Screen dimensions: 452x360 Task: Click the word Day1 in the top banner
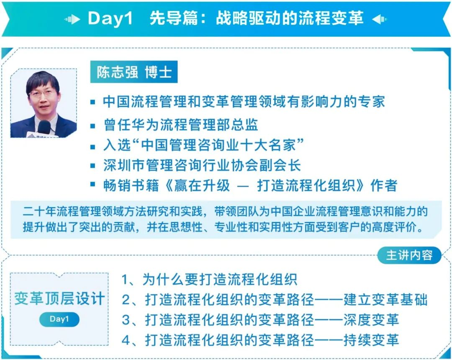click(x=110, y=18)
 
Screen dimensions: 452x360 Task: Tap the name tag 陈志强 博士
click(x=134, y=72)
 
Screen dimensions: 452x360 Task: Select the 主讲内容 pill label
click(x=409, y=255)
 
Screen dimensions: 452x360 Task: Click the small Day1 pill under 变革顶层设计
click(x=59, y=319)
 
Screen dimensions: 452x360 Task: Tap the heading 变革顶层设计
click(x=59, y=298)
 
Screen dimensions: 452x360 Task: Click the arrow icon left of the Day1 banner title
click(x=72, y=19)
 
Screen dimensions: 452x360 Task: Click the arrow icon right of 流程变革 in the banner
click(x=380, y=19)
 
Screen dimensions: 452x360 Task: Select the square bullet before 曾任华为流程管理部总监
click(x=92, y=125)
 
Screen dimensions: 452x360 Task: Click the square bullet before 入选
click(x=92, y=147)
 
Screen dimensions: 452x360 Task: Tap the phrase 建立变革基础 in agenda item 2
click(x=385, y=299)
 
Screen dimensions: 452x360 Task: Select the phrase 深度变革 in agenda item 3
click(x=371, y=320)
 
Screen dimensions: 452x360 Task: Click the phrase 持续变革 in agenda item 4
click(x=371, y=340)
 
